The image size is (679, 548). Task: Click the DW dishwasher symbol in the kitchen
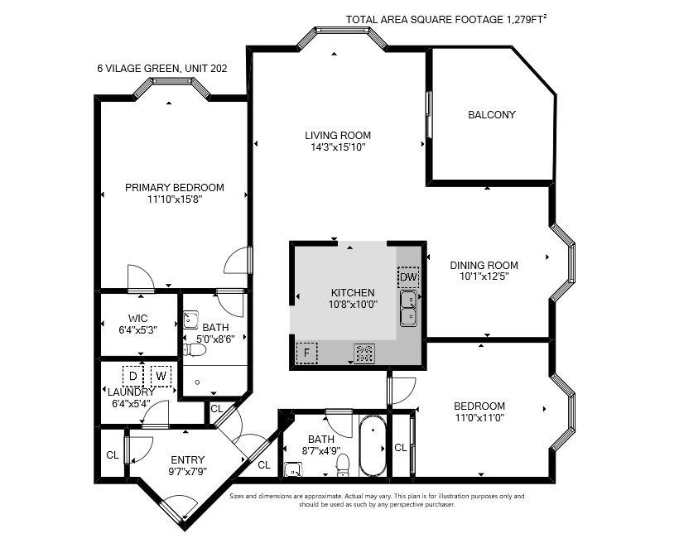tap(408, 277)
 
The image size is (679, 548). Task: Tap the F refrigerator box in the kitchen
tap(306, 353)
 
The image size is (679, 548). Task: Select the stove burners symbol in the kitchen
tap(364, 353)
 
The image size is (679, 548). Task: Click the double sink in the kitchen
tap(408, 309)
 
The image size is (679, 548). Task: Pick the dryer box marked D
tap(133, 376)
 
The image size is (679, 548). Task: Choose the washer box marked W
tap(161, 376)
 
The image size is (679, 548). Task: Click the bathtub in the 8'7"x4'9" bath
tap(372, 446)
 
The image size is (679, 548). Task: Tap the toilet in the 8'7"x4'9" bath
tap(343, 464)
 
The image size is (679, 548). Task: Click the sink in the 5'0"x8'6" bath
tap(190, 320)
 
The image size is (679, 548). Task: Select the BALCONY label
tap(492, 115)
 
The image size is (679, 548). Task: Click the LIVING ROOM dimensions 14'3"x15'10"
tap(338, 147)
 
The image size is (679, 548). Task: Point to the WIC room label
tap(137, 319)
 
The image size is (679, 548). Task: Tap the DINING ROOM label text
tap(484, 266)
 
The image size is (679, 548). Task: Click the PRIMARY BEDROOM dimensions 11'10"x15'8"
tap(175, 199)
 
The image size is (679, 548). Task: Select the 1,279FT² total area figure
tap(526, 19)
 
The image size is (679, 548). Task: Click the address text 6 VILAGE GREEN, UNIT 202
tap(162, 69)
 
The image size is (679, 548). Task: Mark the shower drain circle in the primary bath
tap(197, 382)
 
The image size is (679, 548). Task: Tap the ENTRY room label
tap(187, 459)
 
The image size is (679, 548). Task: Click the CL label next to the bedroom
tap(401, 448)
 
